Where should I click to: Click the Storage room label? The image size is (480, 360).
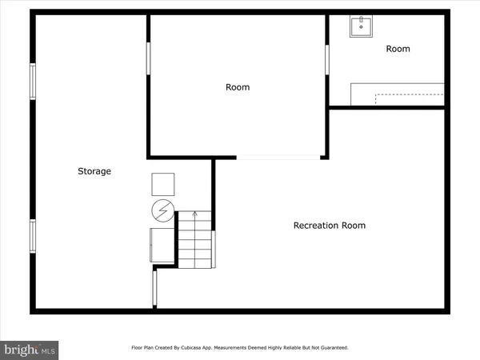coord(94,171)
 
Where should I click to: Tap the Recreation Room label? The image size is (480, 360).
coord(330,226)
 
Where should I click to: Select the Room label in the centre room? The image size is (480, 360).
coord(238,87)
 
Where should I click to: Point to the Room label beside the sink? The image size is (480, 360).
coord(398,49)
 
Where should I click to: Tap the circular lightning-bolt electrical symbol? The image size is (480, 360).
coord(163,211)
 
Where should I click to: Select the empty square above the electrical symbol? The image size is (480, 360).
coord(163,184)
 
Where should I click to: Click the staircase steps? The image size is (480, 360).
coord(194,240)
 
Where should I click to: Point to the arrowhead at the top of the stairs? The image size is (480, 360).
coord(194,214)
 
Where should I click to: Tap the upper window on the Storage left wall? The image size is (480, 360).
coord(33,81)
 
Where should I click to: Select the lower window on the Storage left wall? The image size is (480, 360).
coord(33,235)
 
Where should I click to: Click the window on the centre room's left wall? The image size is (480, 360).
coord(148,59)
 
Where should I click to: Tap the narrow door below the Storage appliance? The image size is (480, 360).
coord(155,289)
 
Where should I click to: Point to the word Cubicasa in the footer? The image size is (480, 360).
coord(210,348)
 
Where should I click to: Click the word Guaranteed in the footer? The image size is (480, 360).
coord(332,348)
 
